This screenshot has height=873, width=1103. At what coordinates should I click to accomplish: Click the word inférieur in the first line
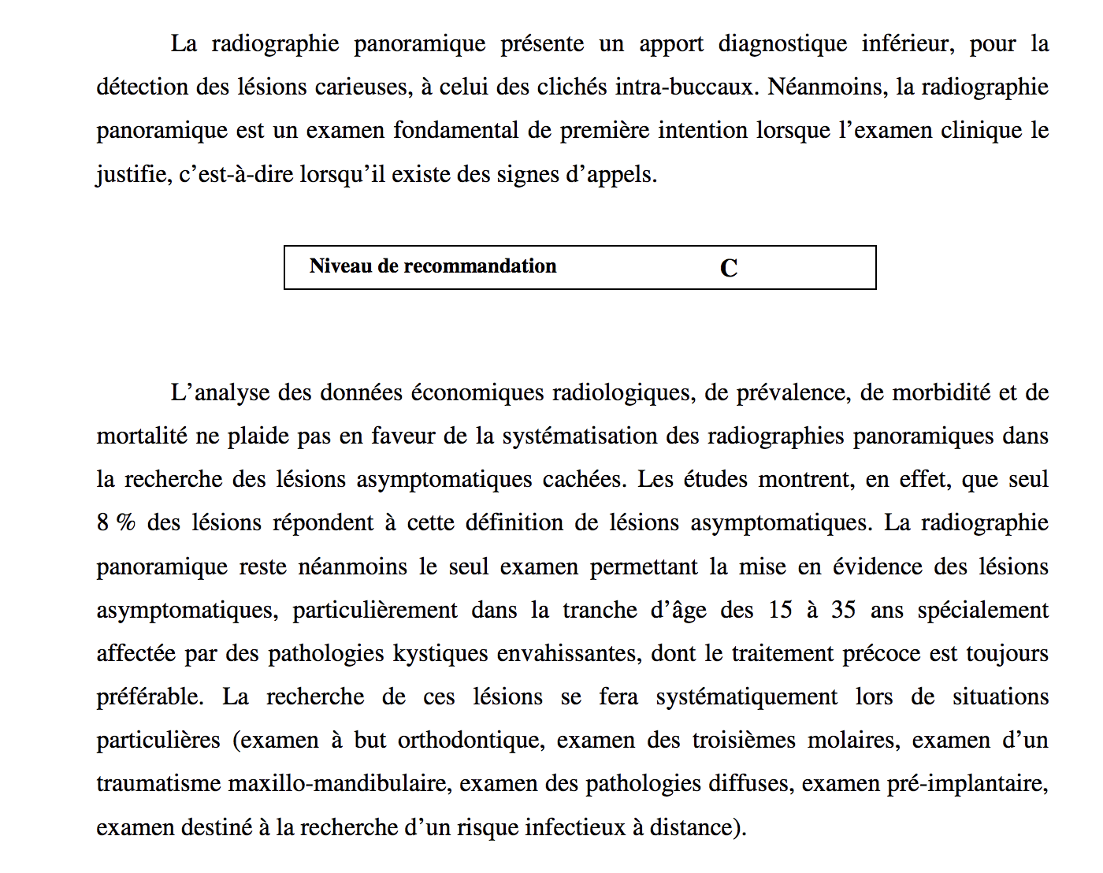point(908,43)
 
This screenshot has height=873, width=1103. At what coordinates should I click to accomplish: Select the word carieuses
point(363,87)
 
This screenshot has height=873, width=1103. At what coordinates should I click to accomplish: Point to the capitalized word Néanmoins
point(828,87)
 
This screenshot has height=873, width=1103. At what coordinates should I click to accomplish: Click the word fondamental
point(456,130)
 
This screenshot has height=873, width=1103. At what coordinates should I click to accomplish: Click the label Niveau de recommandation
point(433,266)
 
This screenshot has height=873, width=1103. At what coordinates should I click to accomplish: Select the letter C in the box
point(729,268)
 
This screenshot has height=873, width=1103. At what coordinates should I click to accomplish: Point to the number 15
point(780,610)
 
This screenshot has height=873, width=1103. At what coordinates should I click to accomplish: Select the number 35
point(843,610)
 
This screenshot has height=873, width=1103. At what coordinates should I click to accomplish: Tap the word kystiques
point(438,653)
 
